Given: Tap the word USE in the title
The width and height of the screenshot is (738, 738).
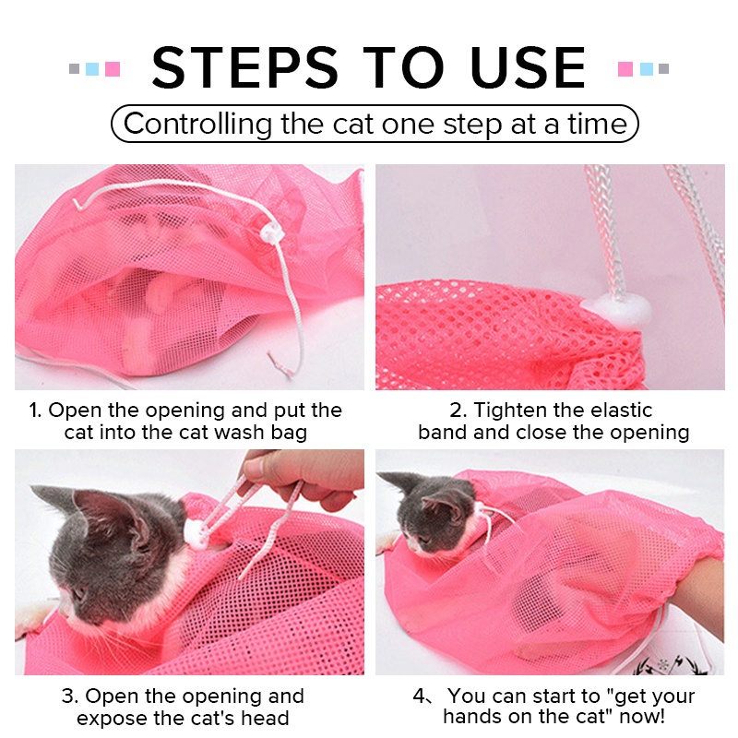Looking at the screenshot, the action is (x=528, y=67).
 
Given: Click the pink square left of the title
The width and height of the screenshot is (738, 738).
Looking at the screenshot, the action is (x=113, y=68).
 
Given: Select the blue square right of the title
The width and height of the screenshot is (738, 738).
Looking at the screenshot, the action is (x=647, y=68).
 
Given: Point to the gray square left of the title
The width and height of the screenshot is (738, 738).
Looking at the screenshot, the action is (x=75, y=68).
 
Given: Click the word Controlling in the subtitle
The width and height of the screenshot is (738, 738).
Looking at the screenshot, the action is (x=197, y=125).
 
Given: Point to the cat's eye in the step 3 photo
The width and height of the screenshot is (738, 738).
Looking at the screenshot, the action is (x=79, y=593).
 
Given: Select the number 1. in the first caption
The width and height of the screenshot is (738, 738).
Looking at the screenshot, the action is (x=35, y=411).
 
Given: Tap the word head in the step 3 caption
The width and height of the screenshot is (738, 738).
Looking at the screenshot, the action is (x=265, y=719).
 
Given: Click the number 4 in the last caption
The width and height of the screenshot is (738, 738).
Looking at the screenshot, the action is (x=419, y=696).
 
